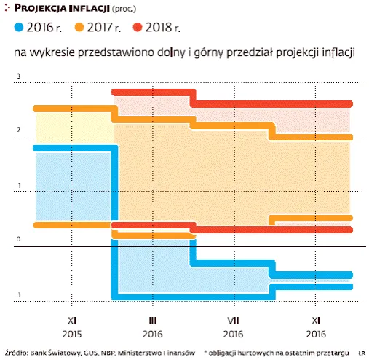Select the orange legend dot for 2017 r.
coord(76,28)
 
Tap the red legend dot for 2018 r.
coord(135,28)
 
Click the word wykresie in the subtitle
coord(51,54)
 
